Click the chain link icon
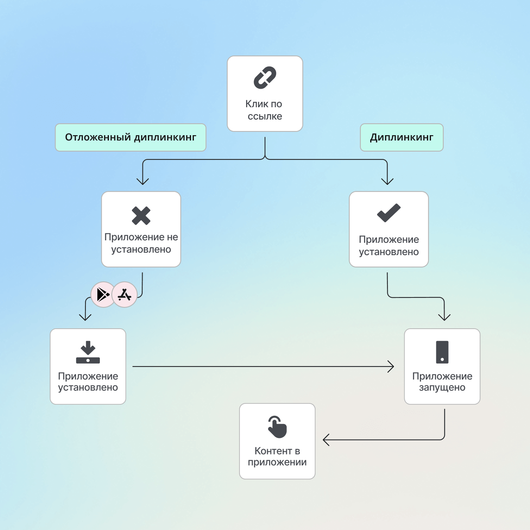pyautogui.click(x=265, y=78)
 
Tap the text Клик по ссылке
pyautogui.click(x=265, y=110)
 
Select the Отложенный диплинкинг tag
pyautogui.click(x=131, y=137)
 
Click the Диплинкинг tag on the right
pyautogui.click(x=401, y=137)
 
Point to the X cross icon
pyautogui.click(x=141, y=216)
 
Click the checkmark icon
pyautogui.click(x=389, y=213)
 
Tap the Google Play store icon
pyautogui.click(x=103, y=295)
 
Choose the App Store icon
pyautogui.click(x=124, y=295)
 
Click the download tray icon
pyautogui.click(x=88, y=352)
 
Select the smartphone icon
pyautogui.click(x=442, y=352)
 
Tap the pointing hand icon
pyautogui.click(x=277, y=427)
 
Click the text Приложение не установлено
pyautogui.click(x=141, y=243)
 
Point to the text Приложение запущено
pyautogui.click(x=442, y=382)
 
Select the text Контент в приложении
pyautogui.click(x=277, y=456)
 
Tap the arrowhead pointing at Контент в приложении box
pyautogui.click(x=325, y=440)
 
